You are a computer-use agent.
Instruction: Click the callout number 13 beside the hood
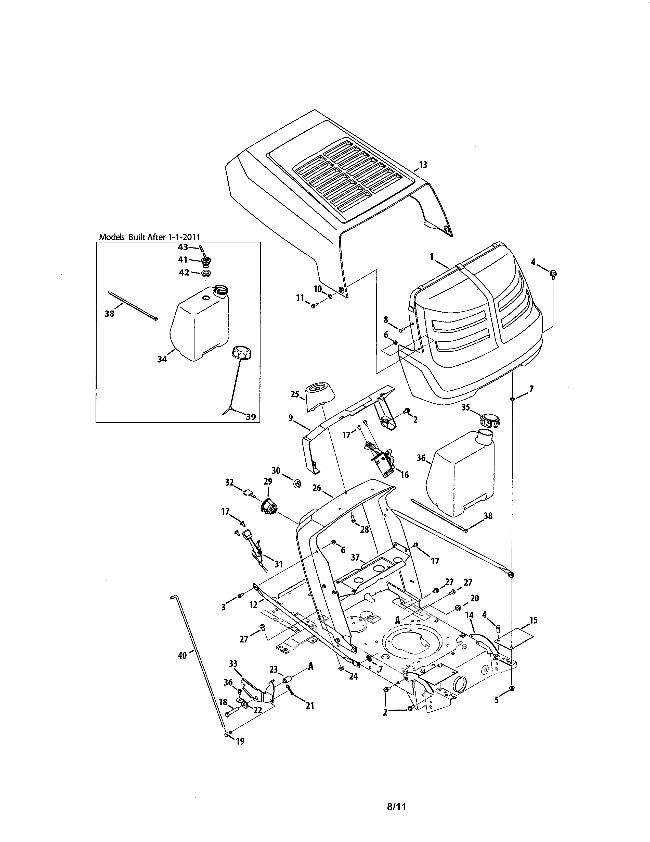click(423, 165)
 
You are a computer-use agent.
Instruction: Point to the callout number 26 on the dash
click(317, 488)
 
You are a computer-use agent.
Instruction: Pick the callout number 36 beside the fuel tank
click(421, 458)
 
